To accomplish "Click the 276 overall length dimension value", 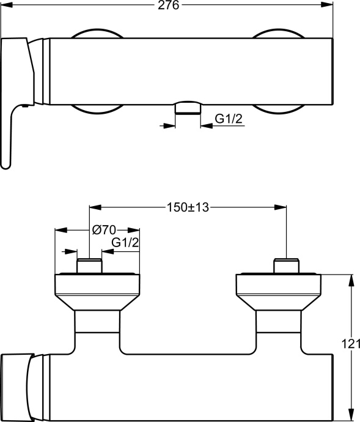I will pyautogui.click(x=169, y=6).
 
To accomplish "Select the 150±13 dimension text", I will pyautogui.click(x=188, y=207).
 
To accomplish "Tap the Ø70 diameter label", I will pyautogui.click(x=103, y=230).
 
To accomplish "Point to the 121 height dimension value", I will pyautogui.click(x=348, y=345).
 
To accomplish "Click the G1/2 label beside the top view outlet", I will pyautogui.click(x=230, y=120).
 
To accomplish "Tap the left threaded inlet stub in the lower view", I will pyautogui.click(x=89, y=266).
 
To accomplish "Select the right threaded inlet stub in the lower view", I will pyautogui.click(x=286, y=266).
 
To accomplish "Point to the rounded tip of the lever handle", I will pyautogui.click(x=6, y=161).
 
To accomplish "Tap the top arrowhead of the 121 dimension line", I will pyautogui.click(x=351, y=278).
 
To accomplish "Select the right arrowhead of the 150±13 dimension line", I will pyautogui.click(x=282, y=207).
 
